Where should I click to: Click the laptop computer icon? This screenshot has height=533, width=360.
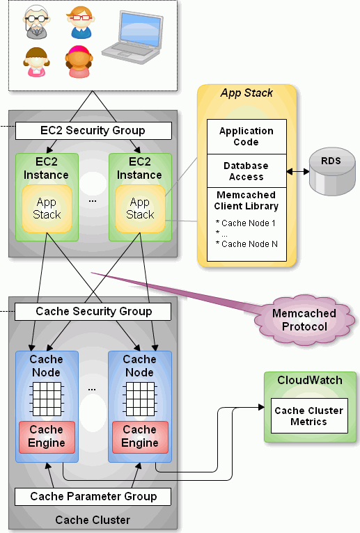(132, 37)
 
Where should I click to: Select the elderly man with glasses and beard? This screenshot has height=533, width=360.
(36, 22)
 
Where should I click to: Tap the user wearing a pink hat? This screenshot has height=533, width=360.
(79, 61)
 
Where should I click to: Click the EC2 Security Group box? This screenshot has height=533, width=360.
(93, 131)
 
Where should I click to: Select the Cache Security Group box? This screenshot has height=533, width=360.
(93, 312)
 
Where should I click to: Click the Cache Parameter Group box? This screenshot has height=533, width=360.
(93, 497)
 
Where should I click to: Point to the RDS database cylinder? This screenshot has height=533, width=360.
(332, 172)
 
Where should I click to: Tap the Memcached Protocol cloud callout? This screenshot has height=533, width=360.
(304, 320)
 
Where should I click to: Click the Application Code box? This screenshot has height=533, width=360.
(246, 136)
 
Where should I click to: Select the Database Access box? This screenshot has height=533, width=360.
(246, 171)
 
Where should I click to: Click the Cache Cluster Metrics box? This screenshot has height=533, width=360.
(309, 416)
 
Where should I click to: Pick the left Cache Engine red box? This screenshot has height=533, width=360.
(47, 437)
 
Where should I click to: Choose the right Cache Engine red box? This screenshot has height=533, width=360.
(140, 437)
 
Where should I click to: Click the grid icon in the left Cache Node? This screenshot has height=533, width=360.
(47, 399)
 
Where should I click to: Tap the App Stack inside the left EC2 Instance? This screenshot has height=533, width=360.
(47, 209)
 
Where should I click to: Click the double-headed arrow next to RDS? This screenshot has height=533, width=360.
(298, 172)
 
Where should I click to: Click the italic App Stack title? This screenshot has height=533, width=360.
(246, 93)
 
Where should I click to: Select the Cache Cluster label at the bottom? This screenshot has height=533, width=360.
(93, 520)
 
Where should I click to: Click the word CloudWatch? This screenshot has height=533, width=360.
(310, 380)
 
